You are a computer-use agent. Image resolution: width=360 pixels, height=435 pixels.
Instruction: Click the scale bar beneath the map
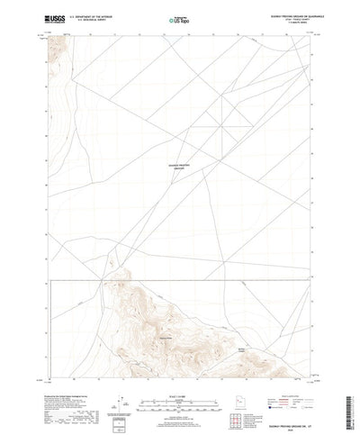179,397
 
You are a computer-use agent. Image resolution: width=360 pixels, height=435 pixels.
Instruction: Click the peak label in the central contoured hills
164,336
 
